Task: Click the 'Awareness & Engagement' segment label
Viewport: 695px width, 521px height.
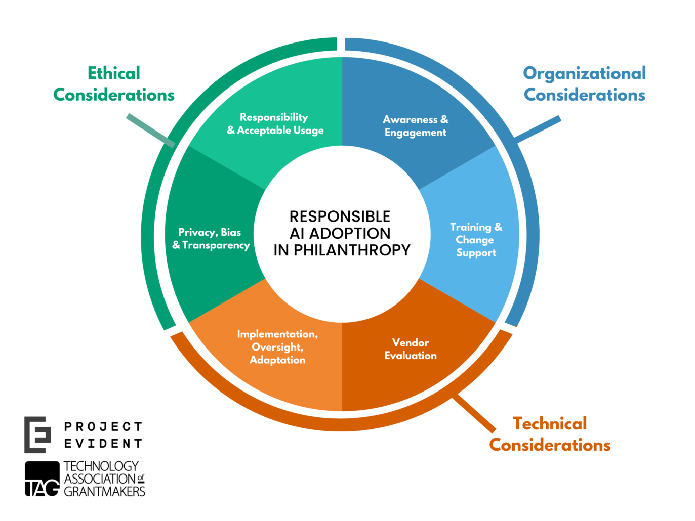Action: coord(415,126)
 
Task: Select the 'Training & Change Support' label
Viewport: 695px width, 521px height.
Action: coord(476,240)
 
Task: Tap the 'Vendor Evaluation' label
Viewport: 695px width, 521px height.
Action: coord(410,349)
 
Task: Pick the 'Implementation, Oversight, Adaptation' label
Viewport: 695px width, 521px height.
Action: coord(277,347)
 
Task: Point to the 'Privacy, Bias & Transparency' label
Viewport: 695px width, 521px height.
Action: coord(211,239)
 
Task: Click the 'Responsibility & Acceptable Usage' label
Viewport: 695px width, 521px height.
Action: coord(275,124)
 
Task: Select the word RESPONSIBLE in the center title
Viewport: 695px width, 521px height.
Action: coord(340,216)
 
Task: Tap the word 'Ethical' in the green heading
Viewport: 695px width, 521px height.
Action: coord(114,73)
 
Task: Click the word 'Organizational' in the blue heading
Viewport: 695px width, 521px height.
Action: coord(584,73)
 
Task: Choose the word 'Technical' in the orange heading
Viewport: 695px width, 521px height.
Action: coord(550,423)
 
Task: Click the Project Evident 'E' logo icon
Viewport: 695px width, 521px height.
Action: coord(37,435)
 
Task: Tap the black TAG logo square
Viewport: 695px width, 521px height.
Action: coord(42,479)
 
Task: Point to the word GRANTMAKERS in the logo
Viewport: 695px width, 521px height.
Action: coord(104,491)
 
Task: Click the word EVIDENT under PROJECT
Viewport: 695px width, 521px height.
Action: coord(103,444)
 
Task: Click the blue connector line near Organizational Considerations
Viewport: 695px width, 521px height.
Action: coord(538,128)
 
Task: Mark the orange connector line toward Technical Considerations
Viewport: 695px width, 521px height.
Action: coord(474,414)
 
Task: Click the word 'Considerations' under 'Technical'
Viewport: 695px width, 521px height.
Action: coord(550,445)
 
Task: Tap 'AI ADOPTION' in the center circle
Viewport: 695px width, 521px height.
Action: coord(340,233)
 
